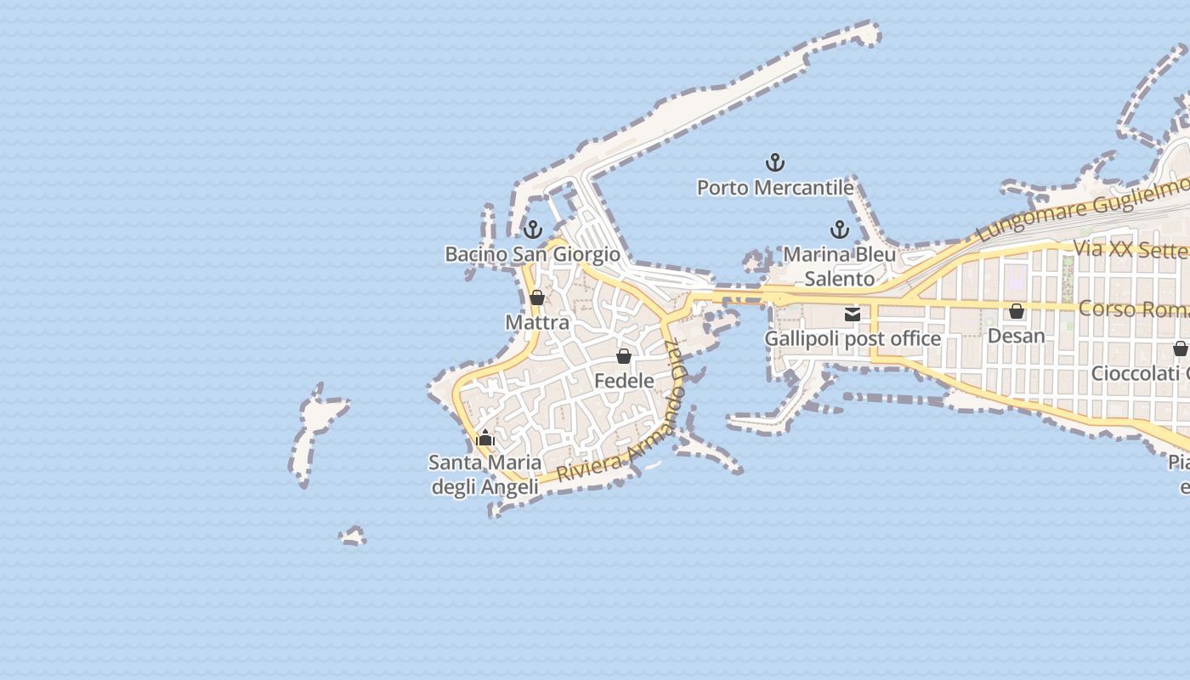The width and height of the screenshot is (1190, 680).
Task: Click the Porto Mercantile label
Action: click(x=775, y=187)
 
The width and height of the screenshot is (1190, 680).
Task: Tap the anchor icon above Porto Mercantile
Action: click(x=775, y=161)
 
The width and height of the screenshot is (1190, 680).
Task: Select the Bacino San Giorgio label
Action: click(x=533, y=254)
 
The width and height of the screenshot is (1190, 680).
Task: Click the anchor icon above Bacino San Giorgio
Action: click(x=533, y=229)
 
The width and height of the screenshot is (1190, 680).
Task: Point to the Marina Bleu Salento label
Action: click(x=840, y=266)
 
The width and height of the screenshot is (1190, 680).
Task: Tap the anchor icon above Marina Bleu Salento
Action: click(x=840, y=229)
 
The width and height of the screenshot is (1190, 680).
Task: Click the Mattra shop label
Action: click(x=537, y=323)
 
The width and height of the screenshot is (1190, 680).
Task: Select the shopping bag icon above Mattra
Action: click(x=537, y=297)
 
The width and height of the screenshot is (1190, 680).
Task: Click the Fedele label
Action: click(x=624, y=381)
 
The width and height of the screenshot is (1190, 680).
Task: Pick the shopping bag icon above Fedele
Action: click(x=624, y=356)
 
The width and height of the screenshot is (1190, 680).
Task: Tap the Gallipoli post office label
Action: click(x=853, y=338)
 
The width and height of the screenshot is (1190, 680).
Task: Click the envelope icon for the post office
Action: click(x=853, y=314)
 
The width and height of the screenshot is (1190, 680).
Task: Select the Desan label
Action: click(x=1016, y=336)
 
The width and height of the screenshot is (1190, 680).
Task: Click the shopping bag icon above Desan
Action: click(x=1016, y=312)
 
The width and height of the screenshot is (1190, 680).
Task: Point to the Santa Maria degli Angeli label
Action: click(x=485, y=474)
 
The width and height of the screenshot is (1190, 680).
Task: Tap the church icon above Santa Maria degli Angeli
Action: click(x=485, y=439)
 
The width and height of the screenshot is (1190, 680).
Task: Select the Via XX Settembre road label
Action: click(x=1130, y=249)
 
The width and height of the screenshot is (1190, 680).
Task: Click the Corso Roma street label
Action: click(x=1133, y=309)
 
